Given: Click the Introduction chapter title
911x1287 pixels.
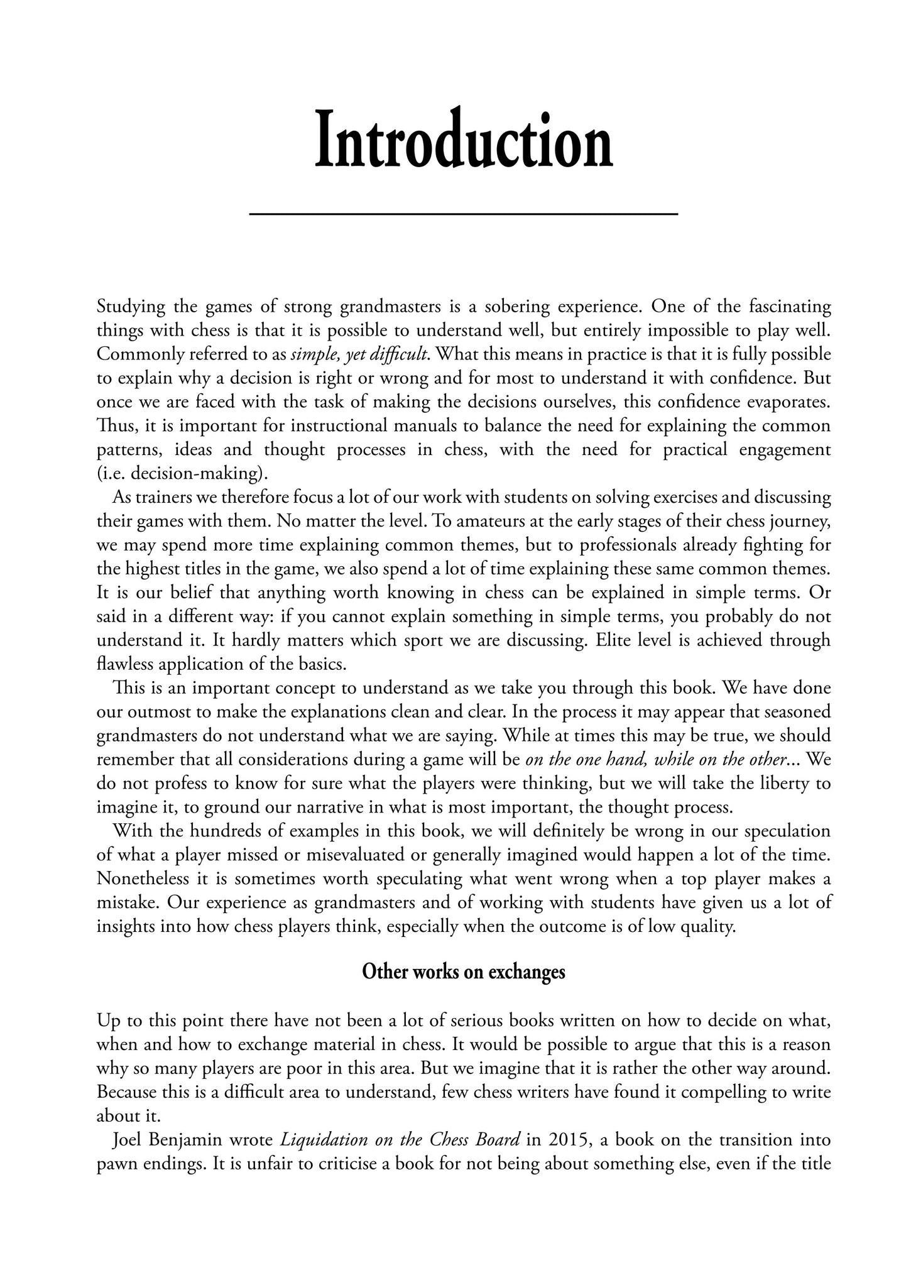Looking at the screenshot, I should [463, 140].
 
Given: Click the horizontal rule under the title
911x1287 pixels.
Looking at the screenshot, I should [463, 215].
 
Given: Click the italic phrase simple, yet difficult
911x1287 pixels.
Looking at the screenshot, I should [360, 354].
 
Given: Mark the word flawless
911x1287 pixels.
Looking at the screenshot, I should [126, 664].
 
